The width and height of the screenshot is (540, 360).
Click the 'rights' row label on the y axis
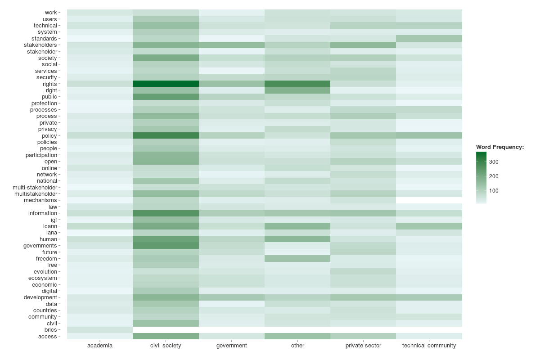49,84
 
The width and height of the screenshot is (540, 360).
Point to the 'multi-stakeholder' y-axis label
35,187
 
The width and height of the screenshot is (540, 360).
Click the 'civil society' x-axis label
166,346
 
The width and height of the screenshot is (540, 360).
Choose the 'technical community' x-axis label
429,346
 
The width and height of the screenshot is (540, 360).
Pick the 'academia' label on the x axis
100,346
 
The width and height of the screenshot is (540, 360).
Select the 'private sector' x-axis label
363,346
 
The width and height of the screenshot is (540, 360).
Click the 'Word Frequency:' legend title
500,147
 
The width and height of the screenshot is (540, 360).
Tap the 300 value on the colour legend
494,162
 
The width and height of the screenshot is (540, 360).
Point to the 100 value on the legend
494,191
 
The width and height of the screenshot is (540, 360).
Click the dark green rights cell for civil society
166,84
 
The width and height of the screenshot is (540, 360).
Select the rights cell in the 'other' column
297,84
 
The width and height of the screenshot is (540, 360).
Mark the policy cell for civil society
166,135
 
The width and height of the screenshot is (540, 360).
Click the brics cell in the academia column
100,330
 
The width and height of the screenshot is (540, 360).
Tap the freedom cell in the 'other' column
297,259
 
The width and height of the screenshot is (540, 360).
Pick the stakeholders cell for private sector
363,45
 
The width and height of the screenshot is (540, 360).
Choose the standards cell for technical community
429,38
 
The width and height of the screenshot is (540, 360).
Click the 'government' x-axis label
232,346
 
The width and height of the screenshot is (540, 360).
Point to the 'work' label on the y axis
51,13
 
